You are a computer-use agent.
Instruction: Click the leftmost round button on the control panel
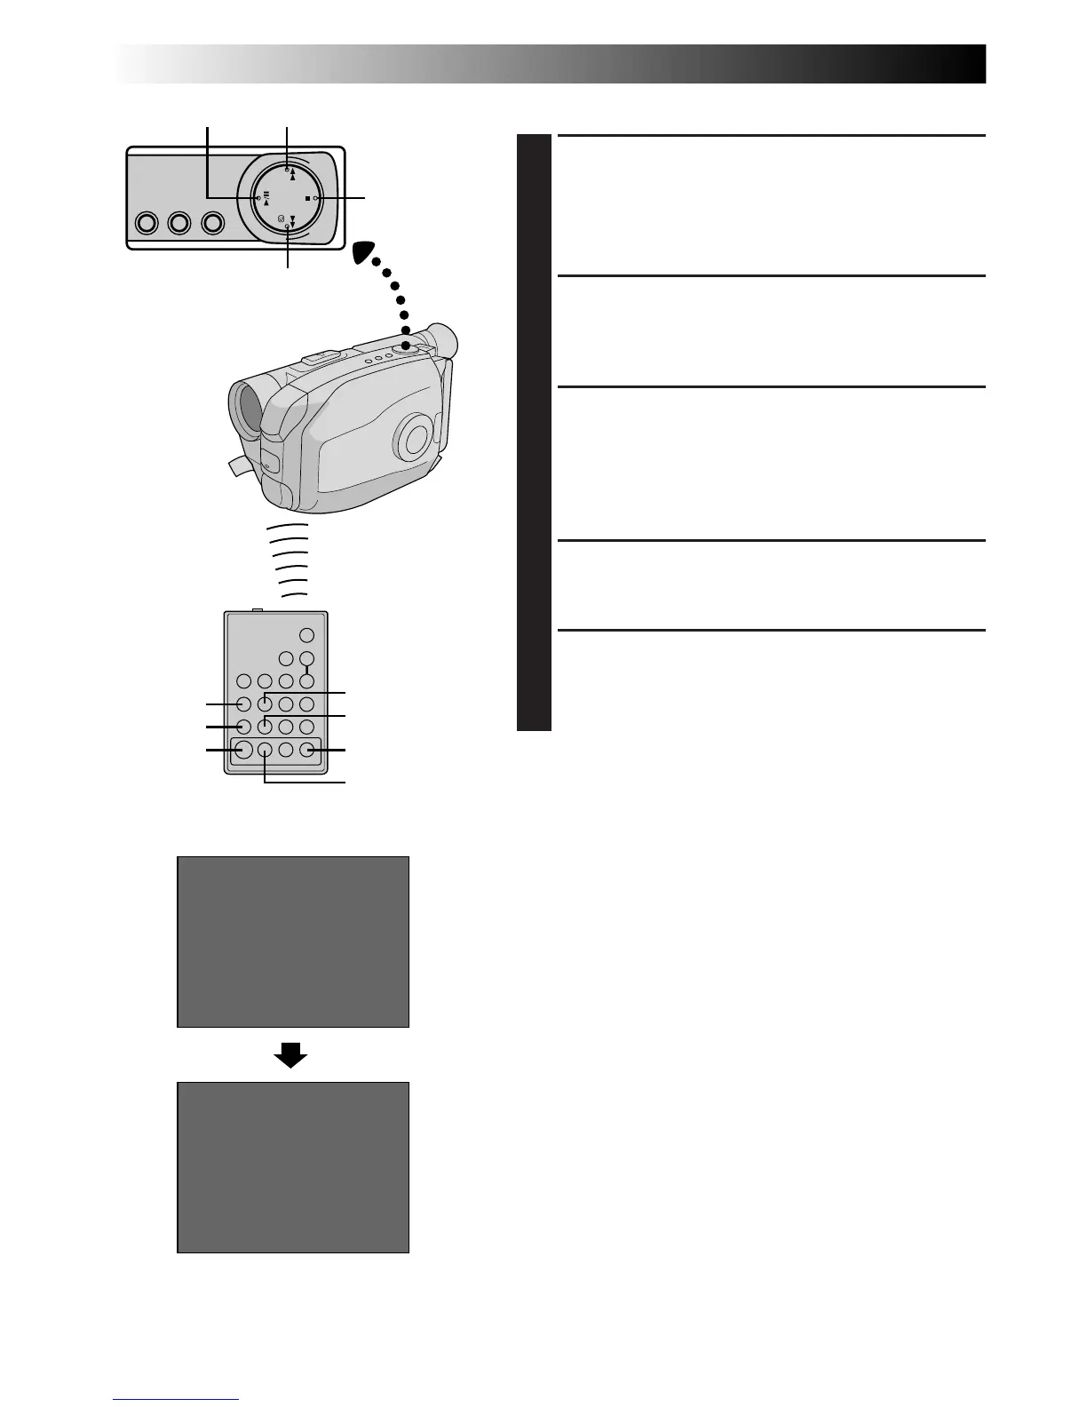point(146,222)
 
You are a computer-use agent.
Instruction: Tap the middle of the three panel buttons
point(179,222)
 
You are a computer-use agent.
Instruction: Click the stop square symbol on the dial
point(306,198)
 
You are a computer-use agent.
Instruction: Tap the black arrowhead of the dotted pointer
point(366,253)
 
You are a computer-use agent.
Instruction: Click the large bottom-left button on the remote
point(242,750)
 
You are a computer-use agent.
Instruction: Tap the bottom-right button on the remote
point(307,750)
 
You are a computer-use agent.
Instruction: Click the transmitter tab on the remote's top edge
point(258,609)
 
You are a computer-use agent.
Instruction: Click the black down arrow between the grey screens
point(291,1054)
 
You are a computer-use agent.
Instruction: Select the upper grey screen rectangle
point(293,942)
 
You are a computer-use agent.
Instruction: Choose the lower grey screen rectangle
point(293,1167)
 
